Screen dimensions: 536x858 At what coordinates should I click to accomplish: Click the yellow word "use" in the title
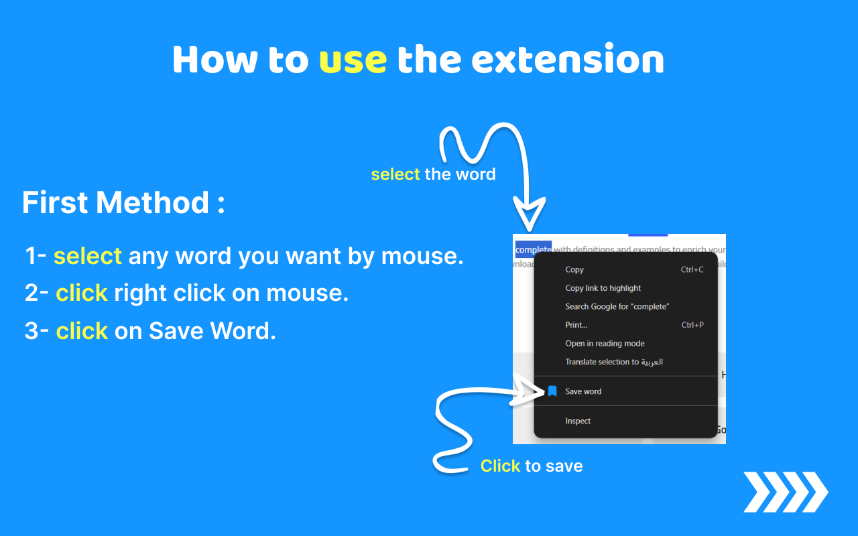point(353,60)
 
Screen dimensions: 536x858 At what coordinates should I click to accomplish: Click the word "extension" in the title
point(568,60)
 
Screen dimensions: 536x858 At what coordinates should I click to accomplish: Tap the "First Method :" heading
point(123,202)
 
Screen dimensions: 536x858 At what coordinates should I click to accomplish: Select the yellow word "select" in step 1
point(88,256)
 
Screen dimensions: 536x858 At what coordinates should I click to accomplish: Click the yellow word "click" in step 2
point(82,293)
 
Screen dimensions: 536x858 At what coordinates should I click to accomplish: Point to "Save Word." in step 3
point(212,331)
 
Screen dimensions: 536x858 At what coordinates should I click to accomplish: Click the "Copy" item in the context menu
point(574,270)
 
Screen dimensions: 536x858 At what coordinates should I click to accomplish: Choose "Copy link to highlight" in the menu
point(603,288)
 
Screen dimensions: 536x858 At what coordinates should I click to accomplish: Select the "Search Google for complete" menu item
point(617,307)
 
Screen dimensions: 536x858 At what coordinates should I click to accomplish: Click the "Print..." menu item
point(576,325)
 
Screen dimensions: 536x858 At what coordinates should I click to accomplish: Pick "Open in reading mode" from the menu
point(605,344)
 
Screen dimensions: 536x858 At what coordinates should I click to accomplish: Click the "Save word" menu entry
point(583,391)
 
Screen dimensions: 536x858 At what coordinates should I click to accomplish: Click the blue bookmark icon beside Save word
point(552,391)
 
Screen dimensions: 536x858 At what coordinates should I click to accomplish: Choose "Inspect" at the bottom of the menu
point(578,421)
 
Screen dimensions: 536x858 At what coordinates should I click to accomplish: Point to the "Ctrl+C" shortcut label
point(692,270)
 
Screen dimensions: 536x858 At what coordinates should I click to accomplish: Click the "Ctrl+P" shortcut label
point(692,325)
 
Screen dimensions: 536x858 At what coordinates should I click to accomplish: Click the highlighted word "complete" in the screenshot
point(534,250)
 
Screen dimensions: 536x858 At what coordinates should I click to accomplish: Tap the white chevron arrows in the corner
point(786,492)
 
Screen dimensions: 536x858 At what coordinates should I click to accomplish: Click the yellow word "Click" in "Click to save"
point(500,466)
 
